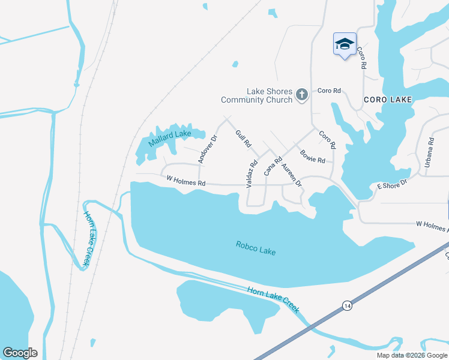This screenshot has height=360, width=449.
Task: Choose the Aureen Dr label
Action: [291, 175]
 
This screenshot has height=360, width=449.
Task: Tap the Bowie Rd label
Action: [313, 156]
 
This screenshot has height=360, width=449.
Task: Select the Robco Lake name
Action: [256, 247]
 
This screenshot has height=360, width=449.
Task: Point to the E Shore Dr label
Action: [392, 184]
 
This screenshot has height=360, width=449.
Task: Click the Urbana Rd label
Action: [429, 152]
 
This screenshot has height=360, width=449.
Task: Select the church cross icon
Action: [301, 95]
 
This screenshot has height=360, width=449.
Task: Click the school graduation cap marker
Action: [345, 44]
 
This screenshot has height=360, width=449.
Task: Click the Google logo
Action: [20, 353]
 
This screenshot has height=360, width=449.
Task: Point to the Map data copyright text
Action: [412, 355]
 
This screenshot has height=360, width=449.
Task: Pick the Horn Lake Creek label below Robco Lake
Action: [274, 298]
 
